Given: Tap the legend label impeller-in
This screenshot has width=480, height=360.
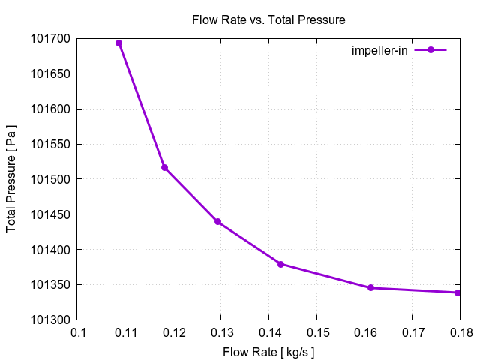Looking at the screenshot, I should (379, 50).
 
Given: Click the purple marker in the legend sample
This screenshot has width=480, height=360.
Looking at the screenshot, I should (430, 50).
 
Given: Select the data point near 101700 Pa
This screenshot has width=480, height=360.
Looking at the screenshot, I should (118, 43).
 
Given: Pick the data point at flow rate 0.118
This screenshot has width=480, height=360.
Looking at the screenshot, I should (164, 167).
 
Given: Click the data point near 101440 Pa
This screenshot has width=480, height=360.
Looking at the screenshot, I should (217, 221).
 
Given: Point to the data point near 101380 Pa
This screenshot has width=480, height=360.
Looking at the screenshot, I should (280, 264).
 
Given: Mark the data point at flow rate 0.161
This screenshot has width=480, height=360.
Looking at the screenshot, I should (370, 287).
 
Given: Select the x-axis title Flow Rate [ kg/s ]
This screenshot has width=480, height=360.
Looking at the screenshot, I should (268, 351).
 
